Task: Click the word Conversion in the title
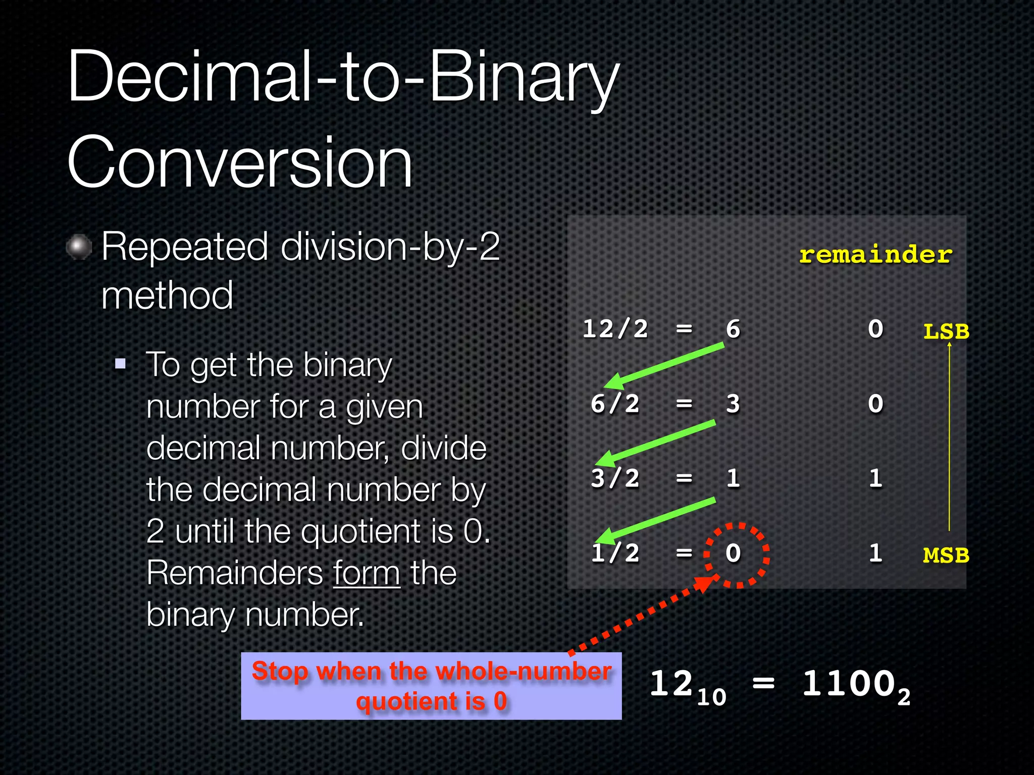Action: pos(240,162)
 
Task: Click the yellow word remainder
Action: pos(875,254)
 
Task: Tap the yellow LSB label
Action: pos(946,332)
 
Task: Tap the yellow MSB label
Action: pos(946,556)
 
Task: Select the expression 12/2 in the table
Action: pos(615,329)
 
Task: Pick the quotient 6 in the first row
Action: pos(733,329)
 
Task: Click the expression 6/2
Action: pos(615,404)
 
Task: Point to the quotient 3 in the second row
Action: pos(733,404)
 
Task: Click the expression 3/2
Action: pos(615,478)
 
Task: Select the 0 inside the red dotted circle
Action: pos(733,553)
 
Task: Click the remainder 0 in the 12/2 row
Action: pos(875,329)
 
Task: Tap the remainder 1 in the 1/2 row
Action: pos(875,553)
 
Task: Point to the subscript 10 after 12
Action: pos(711,697)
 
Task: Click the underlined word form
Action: pos(367,573)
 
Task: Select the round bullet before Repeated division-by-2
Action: pos(79,247)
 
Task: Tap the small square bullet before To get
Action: pos(120,364)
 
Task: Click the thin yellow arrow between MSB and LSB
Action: pos(949,439)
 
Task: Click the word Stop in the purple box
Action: pos(280,671)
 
